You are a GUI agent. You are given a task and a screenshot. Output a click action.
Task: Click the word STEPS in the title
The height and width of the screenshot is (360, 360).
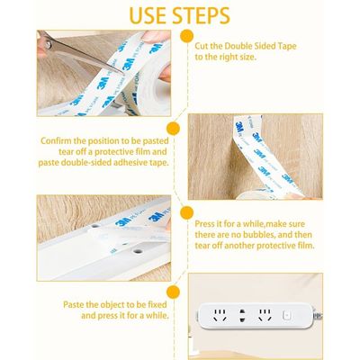coord(201,15)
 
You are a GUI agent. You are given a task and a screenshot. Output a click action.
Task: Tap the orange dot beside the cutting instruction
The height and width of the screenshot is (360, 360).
coord(187,36)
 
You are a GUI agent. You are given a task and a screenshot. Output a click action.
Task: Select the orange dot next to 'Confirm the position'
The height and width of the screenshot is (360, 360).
coord(173,129)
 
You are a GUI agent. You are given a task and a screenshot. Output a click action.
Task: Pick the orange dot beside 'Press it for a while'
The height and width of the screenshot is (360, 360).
coord(186,212)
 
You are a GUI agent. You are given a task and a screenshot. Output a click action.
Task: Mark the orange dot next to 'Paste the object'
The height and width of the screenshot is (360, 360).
coord(173,292)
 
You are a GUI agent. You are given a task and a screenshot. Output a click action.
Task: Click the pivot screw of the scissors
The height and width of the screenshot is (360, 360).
coord(49,45)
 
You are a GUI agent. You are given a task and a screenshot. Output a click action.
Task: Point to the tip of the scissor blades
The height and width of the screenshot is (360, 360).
coord(123,73)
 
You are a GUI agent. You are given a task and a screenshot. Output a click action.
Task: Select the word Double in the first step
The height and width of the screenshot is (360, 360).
coord(237,46)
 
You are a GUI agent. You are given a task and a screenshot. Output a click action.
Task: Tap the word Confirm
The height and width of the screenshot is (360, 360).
coord(55,140)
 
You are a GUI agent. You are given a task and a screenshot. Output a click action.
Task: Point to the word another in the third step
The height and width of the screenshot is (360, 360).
coord(240,246)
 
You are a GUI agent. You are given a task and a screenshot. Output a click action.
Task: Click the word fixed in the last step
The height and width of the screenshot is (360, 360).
coord(157,305)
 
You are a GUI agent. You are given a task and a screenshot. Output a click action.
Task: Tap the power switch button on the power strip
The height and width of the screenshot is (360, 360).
coord(287,316)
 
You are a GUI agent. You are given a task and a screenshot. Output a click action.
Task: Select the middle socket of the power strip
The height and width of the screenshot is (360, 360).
coord(242,316)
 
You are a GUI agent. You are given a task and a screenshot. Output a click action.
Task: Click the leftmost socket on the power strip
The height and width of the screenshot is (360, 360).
coord(220,316)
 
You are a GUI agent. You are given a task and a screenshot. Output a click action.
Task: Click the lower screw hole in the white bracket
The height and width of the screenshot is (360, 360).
coord(138,251)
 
